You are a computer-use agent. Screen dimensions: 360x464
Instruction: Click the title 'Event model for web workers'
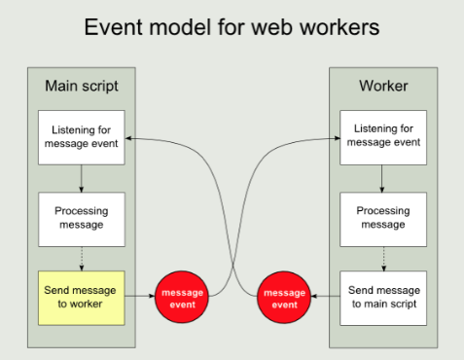[x=232, y=25]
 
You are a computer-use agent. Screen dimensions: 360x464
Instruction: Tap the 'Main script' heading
[x=82, y=86]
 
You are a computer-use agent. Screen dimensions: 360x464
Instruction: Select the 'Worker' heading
[x=383, y=86]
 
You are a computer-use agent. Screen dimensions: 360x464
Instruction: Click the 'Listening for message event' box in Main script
[x=82, y=137]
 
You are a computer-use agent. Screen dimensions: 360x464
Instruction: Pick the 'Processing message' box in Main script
[x=82, y=218]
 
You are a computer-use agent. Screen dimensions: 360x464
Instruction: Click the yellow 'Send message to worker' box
[x=82, y=298]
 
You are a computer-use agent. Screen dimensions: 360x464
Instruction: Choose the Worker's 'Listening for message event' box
[x=383, y=137]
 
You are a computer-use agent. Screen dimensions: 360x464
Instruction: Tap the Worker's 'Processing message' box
[x=383, y=218]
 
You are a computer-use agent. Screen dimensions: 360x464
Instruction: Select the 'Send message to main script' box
[x=383, y=298]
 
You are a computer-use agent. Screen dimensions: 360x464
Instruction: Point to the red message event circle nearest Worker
[x=284, y=298]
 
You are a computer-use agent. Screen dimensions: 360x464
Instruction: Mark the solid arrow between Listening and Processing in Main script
[x=82, y=178]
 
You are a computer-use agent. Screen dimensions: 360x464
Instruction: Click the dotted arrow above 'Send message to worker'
[x=82, y=258]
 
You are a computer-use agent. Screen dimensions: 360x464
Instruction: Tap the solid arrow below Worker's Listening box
[x=383, y=178]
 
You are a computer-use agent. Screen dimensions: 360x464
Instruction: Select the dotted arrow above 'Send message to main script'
[x=383, y=258]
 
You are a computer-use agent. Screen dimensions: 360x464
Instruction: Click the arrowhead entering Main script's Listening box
[x=131, y=137]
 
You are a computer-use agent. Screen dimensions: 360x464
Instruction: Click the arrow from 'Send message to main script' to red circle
[x=325, y=298]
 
